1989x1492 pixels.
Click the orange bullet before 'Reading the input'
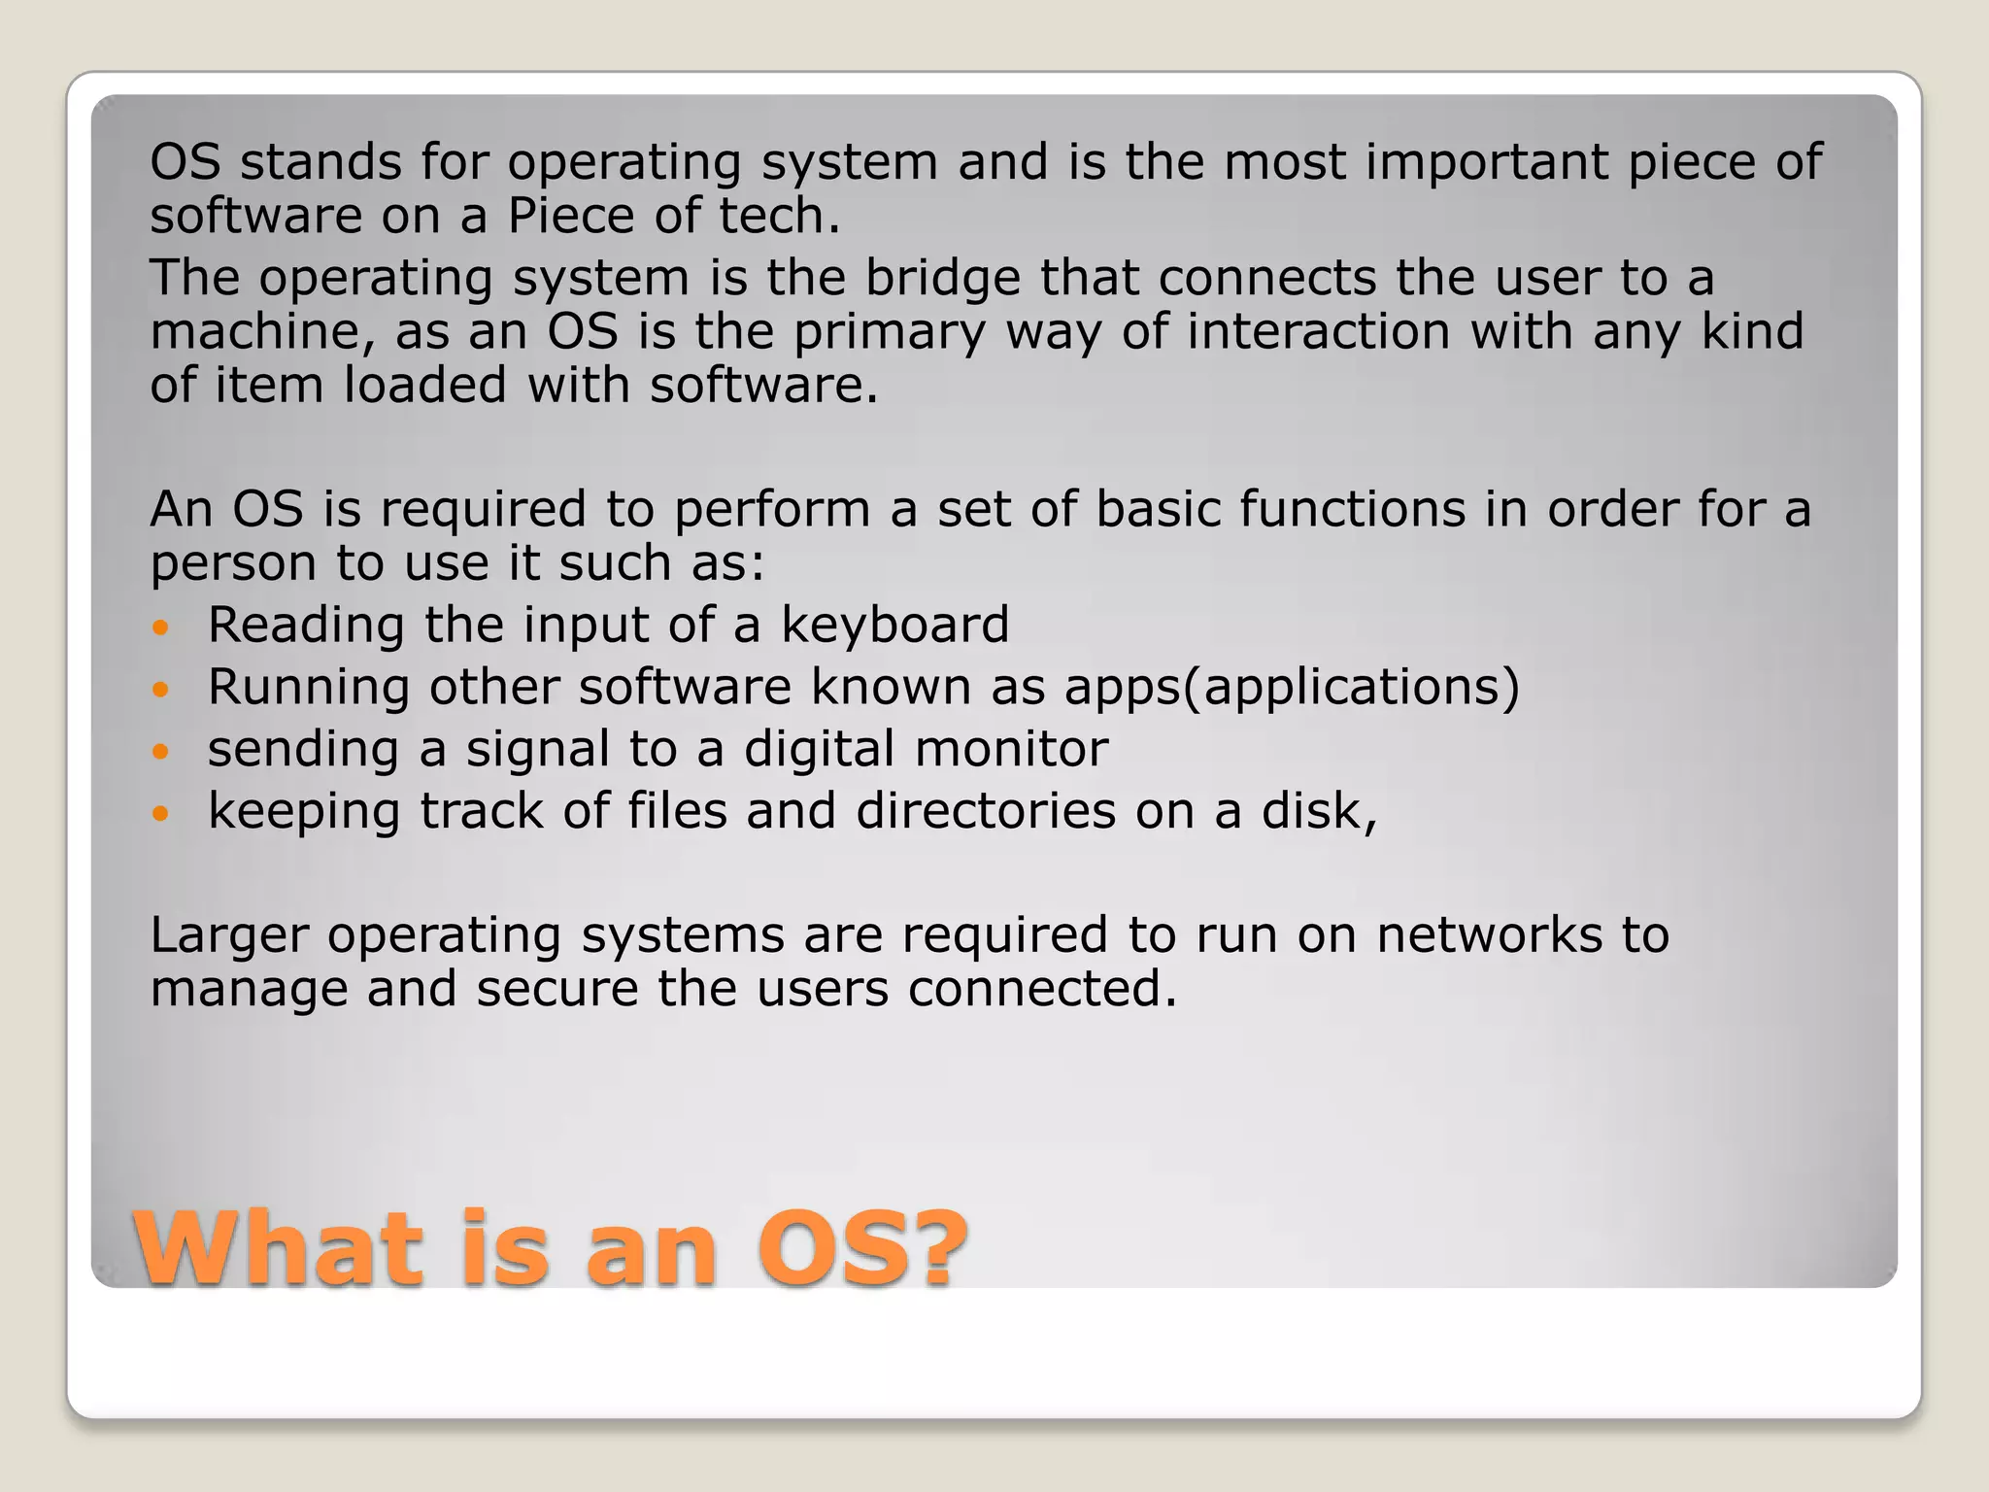tap(161, 627)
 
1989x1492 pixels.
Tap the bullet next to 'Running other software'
tap(161, 690)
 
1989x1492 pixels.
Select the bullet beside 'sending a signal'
tap(161, 752)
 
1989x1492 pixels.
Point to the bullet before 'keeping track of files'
tap(161, 814)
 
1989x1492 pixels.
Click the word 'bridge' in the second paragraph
tap(942, 278)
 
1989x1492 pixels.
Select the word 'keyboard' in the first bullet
tap(894, 625)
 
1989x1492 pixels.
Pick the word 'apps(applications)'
tap(1292, 688)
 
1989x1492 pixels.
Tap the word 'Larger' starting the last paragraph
tap(229, 936)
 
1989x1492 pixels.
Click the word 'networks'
tap(1489, 934)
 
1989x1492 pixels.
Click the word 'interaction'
tap(1318, 331)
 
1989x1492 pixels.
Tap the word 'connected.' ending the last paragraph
tap(1042, 989)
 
